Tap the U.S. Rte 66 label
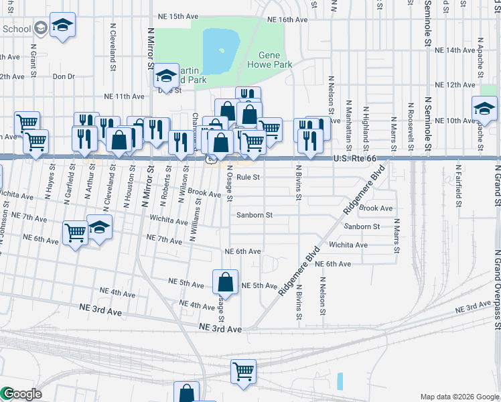355,159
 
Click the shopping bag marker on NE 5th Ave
226,282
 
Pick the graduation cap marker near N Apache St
484,108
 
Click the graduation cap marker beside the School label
63,25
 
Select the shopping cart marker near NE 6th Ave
76,233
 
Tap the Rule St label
247,178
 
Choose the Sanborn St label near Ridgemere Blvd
362,226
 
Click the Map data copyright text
459,397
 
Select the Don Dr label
64,76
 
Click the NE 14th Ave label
454,50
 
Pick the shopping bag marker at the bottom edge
186,393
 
